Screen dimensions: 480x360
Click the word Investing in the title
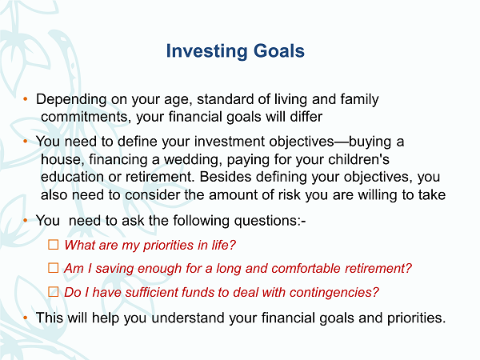(x=206, y=51)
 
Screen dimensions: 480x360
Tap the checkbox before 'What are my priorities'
(x=54, y=245)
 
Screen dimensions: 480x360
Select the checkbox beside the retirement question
(x=54, y=268)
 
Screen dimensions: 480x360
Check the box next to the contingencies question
(x=54, y=291)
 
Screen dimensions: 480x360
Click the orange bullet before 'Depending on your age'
(x=26, y=99)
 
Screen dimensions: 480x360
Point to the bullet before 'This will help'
(x=26, y=318)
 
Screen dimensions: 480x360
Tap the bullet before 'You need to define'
(x=26, y=141)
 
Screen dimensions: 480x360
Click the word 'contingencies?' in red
(x=334, y=292)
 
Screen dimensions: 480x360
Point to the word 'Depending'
(x=71, y=100)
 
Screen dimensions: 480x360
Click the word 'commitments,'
(x=85, y=117)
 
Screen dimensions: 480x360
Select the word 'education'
(x=72, y=177)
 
